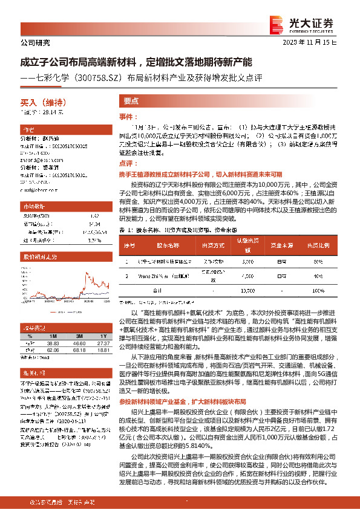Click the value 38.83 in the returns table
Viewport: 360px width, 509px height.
pyautogui.click(x=53, y=343)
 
